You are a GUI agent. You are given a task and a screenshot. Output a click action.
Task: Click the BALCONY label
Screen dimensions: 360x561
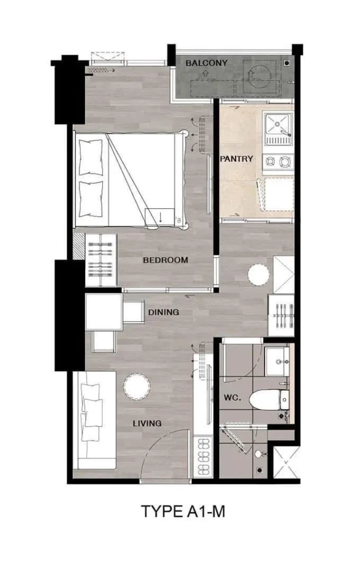206,63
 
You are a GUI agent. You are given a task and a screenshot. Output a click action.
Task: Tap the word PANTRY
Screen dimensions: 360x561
236,159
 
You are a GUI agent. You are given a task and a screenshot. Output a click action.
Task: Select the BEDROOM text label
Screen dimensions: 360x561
165,260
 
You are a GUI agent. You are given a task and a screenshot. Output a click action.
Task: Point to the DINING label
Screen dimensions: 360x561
164,312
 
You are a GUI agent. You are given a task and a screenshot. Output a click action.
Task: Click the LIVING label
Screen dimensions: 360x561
147,424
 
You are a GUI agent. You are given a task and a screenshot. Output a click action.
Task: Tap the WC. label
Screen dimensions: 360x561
232,398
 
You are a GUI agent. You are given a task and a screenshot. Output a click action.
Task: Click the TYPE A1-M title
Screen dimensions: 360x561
183,511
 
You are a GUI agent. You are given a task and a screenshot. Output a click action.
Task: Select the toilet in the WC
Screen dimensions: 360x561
269,399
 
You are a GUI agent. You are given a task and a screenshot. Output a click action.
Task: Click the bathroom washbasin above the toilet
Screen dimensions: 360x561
277,361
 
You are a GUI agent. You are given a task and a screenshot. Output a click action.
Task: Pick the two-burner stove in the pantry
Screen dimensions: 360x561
278,163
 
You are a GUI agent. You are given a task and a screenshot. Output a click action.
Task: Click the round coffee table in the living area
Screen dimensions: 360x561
137,387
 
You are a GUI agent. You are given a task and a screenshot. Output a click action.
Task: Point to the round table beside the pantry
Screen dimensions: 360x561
259,275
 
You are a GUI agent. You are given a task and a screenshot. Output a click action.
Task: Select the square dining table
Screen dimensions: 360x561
104,311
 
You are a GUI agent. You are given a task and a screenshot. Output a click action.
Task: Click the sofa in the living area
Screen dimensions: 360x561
94,420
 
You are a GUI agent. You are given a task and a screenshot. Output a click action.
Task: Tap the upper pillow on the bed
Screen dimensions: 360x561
91,158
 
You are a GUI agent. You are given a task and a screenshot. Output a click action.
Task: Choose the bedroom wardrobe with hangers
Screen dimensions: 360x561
101,260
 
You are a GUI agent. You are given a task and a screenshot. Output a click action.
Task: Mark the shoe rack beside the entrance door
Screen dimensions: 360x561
202,456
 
